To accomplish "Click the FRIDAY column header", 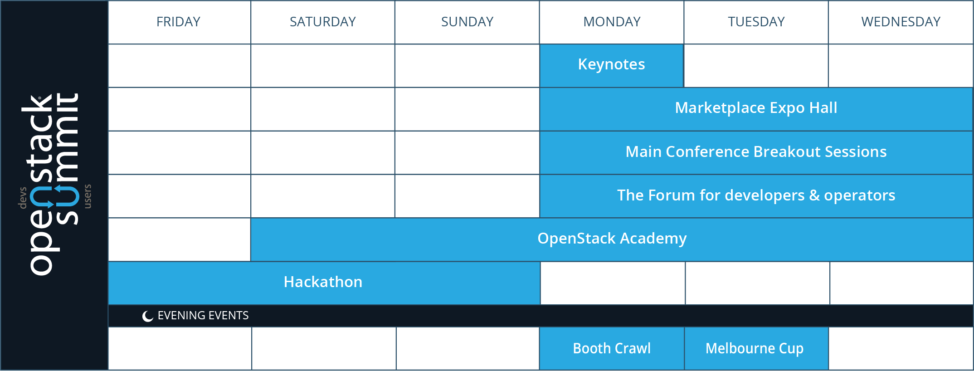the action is pyautogui.click(x=178, y=22).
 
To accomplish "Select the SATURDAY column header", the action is pyautogui.click(x=322, y=22).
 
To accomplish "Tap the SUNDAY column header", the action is pyautogui.click(x=467, y=22).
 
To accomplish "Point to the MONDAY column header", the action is pyautogui.click(x=612, y=22).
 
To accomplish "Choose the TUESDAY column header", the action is pyautogui.click(x=756, y=22).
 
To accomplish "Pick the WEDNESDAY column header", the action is pyautogui.click(x=901, y=22).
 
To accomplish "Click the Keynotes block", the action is pyautogui.click(x=611, y=65).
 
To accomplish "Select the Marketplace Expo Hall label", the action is pyautogui.click(x=756, y=108).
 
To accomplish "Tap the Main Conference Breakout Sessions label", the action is pyautogui.click(x=756, y=151).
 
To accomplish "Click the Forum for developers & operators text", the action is pyautogui.click(x=756, y=195).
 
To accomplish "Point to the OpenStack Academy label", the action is pyautogui.click(x=612, y=239).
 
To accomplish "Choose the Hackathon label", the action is pyautogui.click(x=323, y=282).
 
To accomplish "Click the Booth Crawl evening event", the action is pyautogui.click(x=612, y=348).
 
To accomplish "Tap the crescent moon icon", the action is pyautogui.click(x=147, y=316).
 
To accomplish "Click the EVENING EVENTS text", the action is pyautogui.click(x=203, y=315).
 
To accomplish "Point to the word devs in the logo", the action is pyautogui.click(x=22, y=198).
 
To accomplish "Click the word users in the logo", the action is pyautogui.click(x=88, y=196).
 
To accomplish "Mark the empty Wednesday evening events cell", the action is pyautogui.click(x=901, y=348).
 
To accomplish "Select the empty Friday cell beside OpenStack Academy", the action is pyautogui.click(x=180, y=239).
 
